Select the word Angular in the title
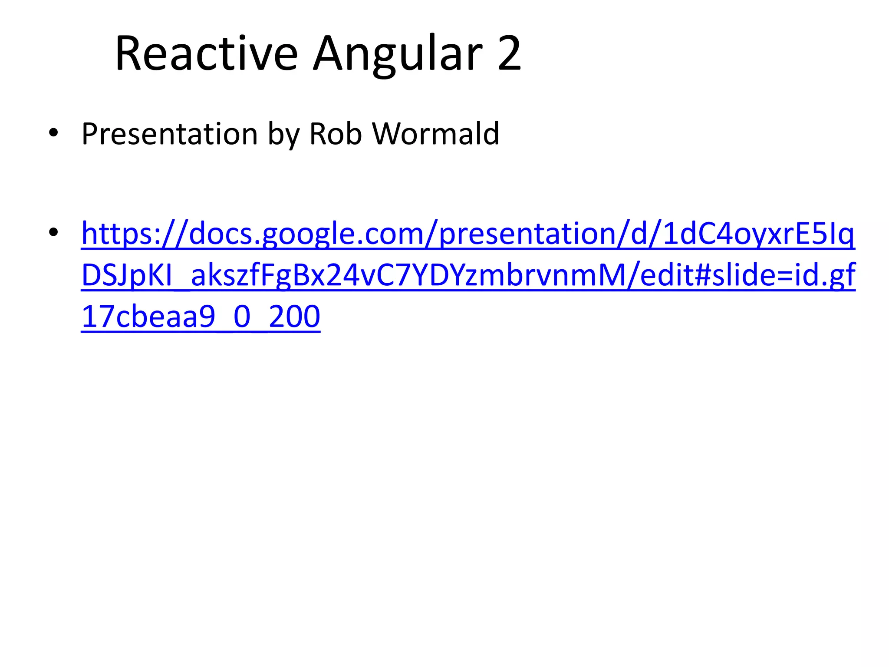[398, 54]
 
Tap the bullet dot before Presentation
[53, 133]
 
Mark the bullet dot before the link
[53, 232]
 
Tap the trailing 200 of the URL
[294, 317]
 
